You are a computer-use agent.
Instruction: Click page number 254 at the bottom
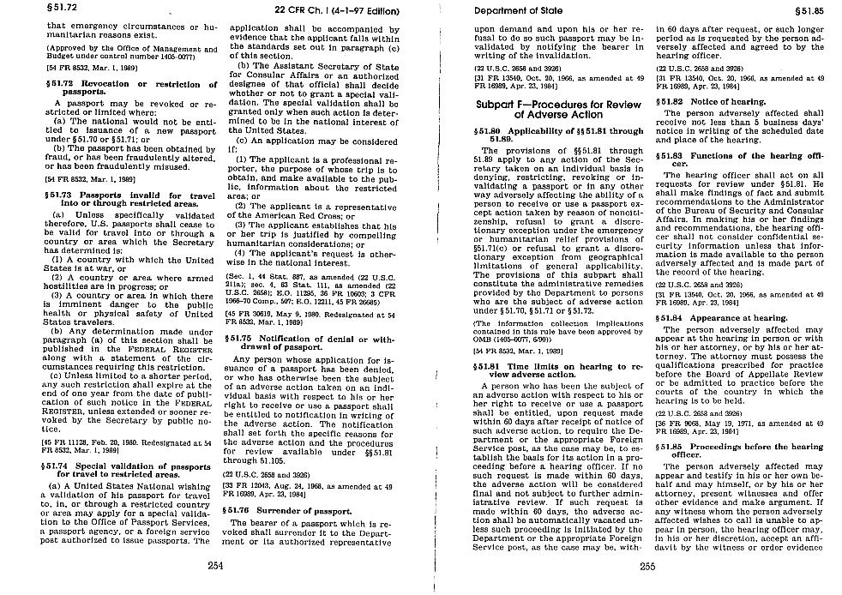click(x=215, y=565)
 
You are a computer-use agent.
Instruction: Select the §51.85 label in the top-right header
click(x=810, y=10)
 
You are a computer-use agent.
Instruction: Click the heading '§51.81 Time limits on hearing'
click(x=557, y=370)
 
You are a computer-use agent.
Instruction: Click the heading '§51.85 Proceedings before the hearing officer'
click(x=740, y=451)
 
